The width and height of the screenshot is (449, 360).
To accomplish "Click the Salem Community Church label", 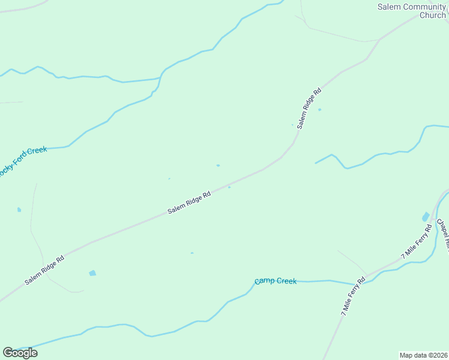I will [412, 11].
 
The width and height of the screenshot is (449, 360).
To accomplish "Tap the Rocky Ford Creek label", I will [23, 160].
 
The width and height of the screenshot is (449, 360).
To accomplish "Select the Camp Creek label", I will [276, 281].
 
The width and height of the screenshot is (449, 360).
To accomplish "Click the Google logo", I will [20, 353].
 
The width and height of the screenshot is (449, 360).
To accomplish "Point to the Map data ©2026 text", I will [423, 355].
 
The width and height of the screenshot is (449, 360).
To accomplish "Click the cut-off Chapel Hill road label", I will [442, 235].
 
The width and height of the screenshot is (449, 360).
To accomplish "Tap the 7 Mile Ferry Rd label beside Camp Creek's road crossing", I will [352, 296].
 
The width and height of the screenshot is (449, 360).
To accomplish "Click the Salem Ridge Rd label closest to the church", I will [309, 109].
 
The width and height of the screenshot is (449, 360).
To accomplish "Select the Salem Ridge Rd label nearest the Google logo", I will [44, 270].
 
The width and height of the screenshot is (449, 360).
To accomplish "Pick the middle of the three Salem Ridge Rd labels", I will [189, 203].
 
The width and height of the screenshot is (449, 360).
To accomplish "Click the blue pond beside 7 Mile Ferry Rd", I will [426, 217].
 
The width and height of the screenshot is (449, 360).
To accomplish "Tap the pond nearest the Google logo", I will [92, 273].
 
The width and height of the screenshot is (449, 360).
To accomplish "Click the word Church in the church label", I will [432, 16].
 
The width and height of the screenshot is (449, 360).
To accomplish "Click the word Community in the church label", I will [421, 7].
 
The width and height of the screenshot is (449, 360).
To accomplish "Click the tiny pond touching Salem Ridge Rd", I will [229, 187].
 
